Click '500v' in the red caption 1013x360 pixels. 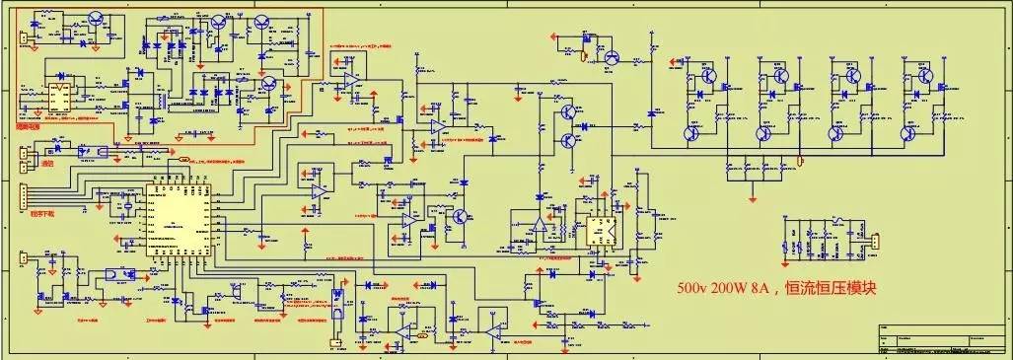pos(693,290)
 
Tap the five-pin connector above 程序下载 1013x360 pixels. pos(23,196)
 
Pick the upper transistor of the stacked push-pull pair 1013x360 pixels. pos(569,113)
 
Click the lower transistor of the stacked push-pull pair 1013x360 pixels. pos(569,141)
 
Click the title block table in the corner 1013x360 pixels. pos(942,339)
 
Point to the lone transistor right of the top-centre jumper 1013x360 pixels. pos(611,58)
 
